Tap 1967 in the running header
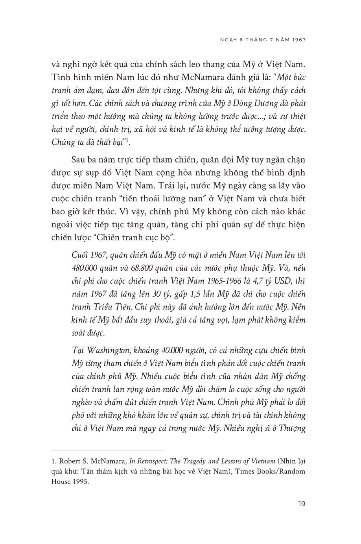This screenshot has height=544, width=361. click(298, 39)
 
